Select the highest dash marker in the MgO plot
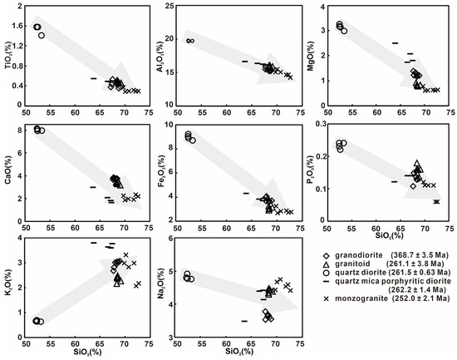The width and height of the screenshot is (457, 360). coord(396,43)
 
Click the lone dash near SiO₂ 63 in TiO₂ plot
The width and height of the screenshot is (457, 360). coord(94,78)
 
